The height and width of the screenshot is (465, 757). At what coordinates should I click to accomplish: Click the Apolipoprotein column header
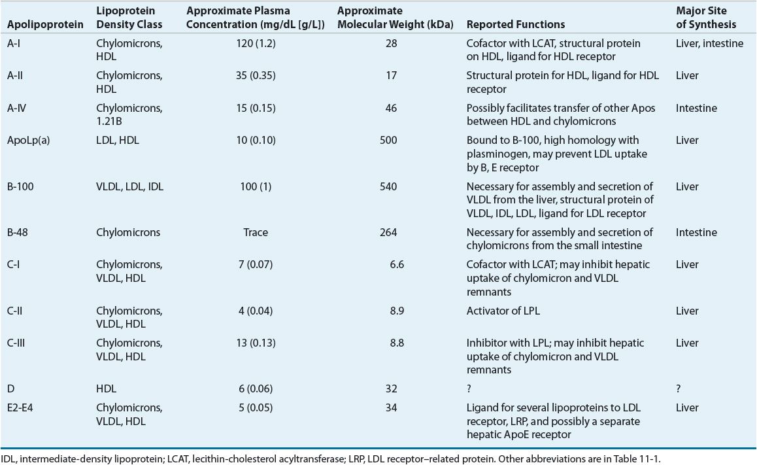(44, 25)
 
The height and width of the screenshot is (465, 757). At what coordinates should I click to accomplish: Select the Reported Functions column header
(516, 25)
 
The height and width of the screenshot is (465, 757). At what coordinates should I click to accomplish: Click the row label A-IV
(17, 108)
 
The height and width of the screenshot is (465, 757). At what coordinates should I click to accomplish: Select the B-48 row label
(18, 232)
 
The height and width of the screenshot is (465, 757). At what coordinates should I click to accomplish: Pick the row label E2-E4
(21, 407)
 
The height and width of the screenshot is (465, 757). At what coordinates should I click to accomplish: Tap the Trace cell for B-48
(255, 232)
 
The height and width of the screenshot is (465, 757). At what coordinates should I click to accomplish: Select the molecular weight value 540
(388, 186)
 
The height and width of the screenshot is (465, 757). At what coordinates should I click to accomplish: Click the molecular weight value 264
(388, 232)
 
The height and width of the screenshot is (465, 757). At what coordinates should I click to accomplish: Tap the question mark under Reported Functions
(469, 388)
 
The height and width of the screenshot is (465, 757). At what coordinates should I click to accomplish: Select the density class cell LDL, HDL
(117, 140)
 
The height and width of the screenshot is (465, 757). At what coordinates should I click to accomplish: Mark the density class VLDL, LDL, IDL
(129, 186)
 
